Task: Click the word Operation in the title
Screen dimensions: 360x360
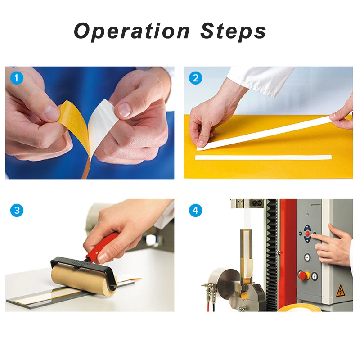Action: (x=132, y=31)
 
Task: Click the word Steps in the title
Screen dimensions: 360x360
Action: (x=233, y=31)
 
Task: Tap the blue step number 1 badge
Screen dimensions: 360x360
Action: (x=17, y=78)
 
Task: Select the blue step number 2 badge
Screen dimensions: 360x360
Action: (x=195, y=78)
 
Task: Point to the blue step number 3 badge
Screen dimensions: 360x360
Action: (x=17, y=210)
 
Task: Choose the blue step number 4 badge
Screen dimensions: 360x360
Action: (x=195, y=210)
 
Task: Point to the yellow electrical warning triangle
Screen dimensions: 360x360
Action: (x=340, y=291)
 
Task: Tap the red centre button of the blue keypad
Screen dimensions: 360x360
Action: (x=307, y=234)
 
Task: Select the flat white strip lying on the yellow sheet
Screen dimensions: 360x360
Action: (x=263, y=157)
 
